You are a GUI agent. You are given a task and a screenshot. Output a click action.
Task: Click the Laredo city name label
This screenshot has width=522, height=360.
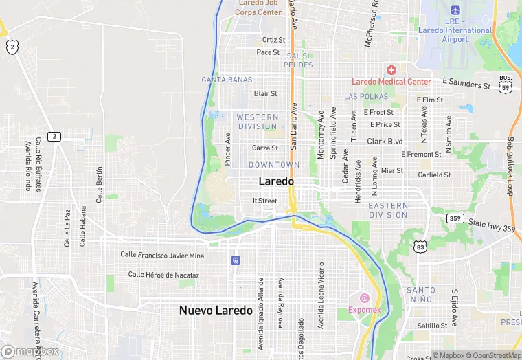(x=276, y=181)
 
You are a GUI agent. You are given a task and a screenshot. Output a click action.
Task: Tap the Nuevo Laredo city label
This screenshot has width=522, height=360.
(x=216, y=311)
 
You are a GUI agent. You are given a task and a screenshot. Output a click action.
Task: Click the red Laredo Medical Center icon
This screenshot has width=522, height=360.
(x=391, y=70)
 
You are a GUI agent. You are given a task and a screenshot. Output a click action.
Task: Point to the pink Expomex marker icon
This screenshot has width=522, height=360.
(x=363, y=298)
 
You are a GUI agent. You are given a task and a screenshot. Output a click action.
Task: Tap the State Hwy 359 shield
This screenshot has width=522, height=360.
(x=454, y=218)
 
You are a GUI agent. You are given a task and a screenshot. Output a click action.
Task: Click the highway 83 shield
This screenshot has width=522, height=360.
(x=421, y=246)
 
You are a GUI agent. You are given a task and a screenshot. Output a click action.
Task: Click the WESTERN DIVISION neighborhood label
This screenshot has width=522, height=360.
(x=258, y=122)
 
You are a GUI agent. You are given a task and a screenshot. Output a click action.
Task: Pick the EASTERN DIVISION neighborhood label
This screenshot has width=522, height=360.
(x=388, y=210)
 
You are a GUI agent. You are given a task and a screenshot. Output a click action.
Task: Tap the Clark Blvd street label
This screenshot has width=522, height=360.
(x=385, y=142)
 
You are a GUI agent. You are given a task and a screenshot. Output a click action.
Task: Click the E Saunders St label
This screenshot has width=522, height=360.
(x=466, y=82)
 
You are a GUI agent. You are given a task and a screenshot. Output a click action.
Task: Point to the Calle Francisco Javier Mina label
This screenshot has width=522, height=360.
(x=162, y=256)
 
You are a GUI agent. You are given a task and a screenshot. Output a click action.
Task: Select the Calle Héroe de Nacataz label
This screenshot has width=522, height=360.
(x=163, y=275)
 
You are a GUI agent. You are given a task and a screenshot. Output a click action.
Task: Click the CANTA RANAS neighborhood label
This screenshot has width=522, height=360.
(x=227, y=80)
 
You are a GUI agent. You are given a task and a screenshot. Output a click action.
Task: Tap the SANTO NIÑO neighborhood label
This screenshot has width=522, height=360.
(x=420, y=295)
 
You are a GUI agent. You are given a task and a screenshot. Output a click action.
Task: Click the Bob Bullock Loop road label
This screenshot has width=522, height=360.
(x=510, y=166)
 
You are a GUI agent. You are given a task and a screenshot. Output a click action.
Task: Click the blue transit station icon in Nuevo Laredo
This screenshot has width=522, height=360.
(x=236, y=260)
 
